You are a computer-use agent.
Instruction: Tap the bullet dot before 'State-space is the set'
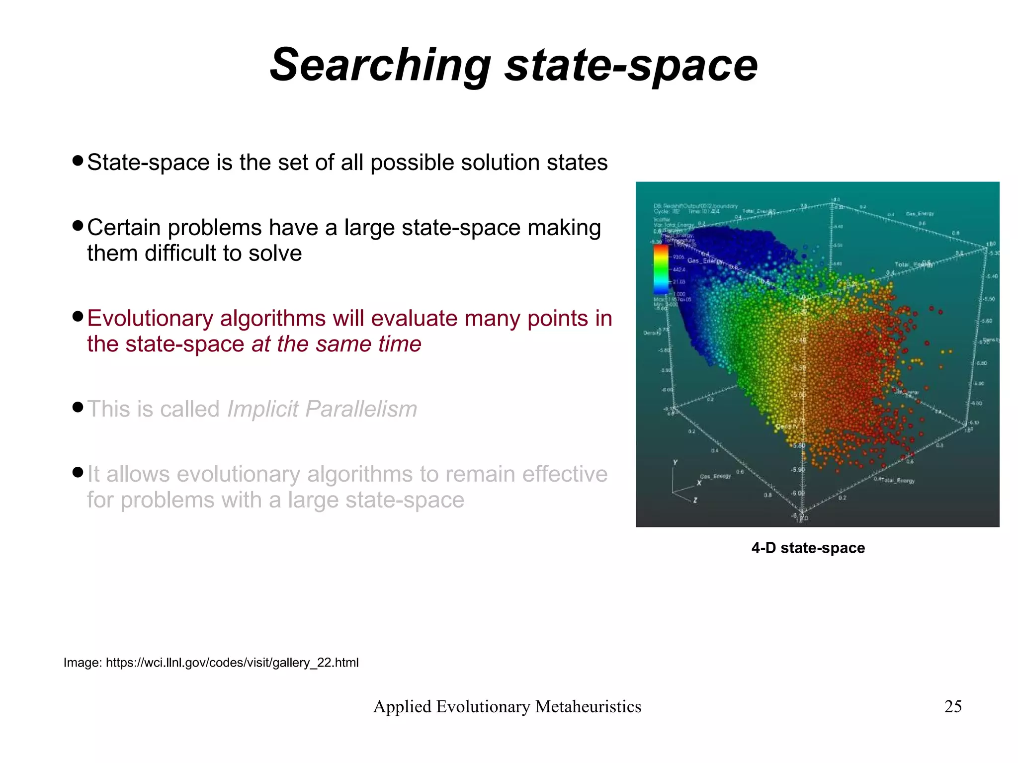tap(77, 161)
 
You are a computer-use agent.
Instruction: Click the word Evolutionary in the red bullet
tap(150, 319)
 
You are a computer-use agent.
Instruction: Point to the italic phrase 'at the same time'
tap(337, 344)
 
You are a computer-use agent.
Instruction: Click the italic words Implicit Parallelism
tap(322, 409)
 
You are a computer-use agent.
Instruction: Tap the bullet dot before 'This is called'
tap(77, 408)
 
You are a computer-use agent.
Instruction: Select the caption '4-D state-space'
tap(808, 548)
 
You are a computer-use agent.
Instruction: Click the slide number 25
tap(953, 706)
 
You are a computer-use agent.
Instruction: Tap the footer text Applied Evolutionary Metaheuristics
tap(507, 706)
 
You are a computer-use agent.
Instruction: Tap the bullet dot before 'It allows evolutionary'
tap(77, 472)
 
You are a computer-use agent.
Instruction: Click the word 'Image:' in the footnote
tap(83, 663)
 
